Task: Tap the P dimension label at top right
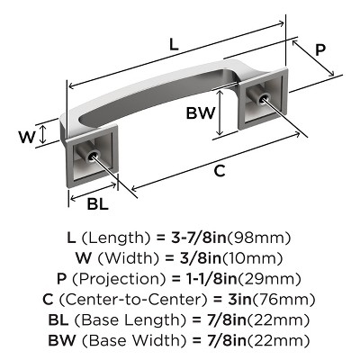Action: click(x=320, y=51)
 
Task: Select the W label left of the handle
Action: click(x=28, y=137)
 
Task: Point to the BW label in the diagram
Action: click(x=200, y=114)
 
